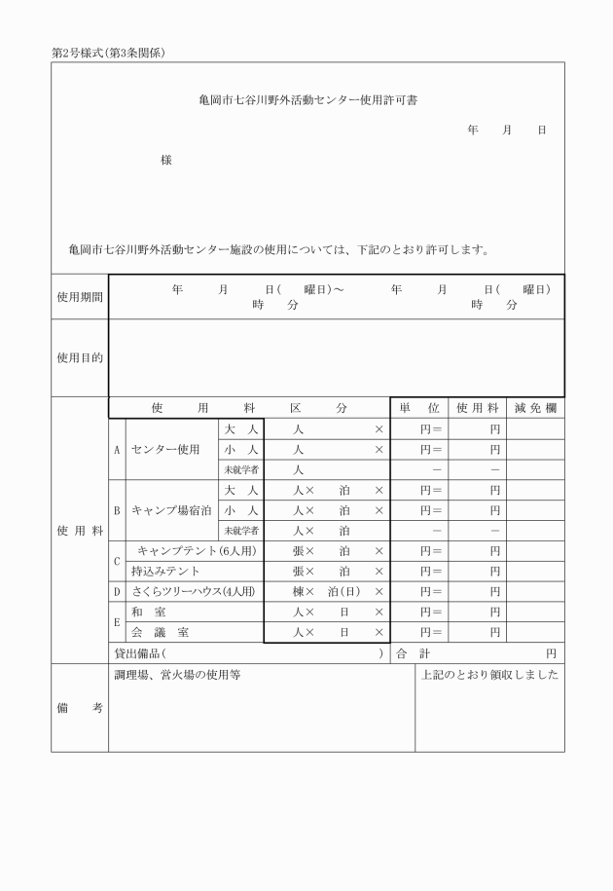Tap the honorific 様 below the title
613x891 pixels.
click(x=166, y=160)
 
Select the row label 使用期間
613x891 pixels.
click(x=80, y=296)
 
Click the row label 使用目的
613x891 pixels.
click(x=80, y=358)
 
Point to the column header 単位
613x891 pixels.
click(x=418, y=408)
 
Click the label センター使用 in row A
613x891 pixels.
click(x=165, y=450)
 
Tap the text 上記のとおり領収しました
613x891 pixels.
click(x=489, y=675)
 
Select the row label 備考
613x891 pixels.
click(x=80, y=709)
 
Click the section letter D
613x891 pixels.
click(x=118, y=592)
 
